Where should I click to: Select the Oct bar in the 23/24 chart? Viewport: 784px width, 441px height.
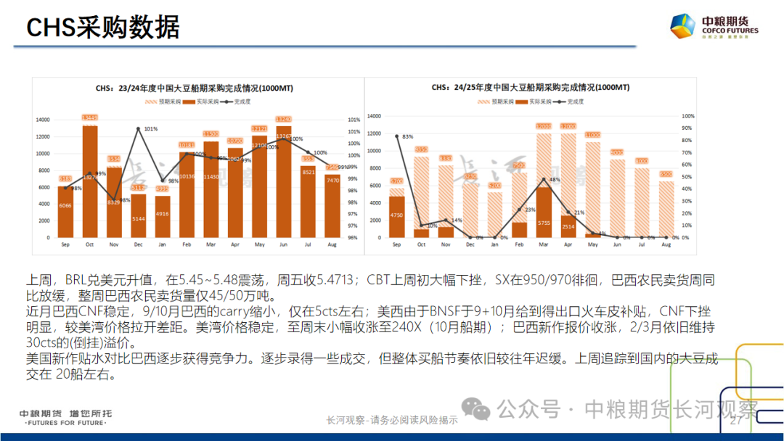point(90,181)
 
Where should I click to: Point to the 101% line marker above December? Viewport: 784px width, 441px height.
point(138,129)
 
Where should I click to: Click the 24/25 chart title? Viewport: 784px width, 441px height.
point(531,87)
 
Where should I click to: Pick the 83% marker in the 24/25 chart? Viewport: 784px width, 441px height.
point(397,136)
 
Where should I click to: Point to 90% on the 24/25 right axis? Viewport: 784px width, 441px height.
point(689,128)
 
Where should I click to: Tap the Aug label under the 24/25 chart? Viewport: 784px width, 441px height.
point(666,247)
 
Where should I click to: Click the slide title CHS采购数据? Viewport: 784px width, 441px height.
point(102,28)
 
